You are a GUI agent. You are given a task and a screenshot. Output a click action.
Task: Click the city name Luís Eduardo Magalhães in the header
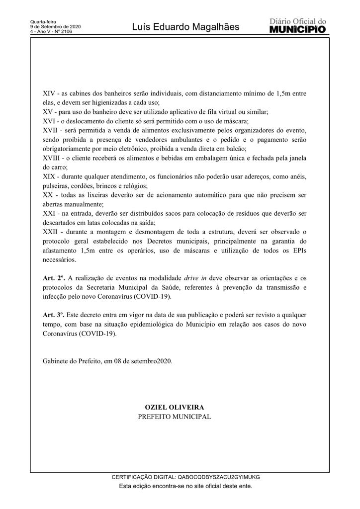pyautogui.click(x=185, y=27)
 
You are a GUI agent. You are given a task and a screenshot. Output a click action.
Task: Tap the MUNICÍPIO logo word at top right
pyautogui.click(x=297, y=30)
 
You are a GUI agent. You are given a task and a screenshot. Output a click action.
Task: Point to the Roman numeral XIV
pyautogui.click(x=49, y=93)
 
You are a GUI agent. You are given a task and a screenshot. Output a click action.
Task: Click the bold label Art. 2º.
pyautogui.click(x=54, y=278)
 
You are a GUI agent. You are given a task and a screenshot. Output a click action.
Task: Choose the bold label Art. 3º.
pyautogui.click(x=54, y=315)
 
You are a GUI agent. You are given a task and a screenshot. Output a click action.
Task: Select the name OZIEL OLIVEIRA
pyautogui.click(x=174, y=407)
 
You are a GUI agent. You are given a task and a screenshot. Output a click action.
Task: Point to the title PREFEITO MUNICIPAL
pyautogui.click(x=174, y=416)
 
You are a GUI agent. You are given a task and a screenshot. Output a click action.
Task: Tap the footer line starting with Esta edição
pyautogui.click(x=185, y=486)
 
